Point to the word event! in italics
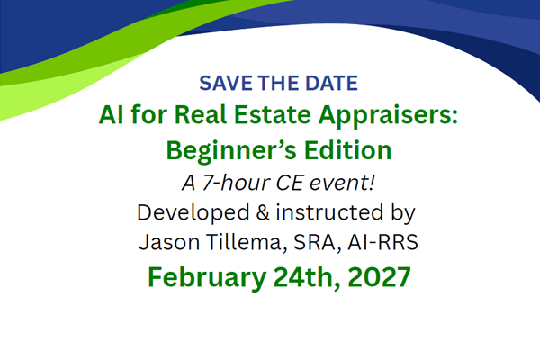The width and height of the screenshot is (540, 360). point(342,182)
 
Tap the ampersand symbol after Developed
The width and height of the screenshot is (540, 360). point(263,212)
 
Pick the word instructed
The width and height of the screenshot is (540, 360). point(329,212)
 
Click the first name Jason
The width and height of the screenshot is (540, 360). point(169,242)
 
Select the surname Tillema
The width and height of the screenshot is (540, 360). point(247,242)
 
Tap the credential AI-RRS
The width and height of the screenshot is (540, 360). point(383,242)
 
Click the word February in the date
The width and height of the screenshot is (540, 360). point(207,278)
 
